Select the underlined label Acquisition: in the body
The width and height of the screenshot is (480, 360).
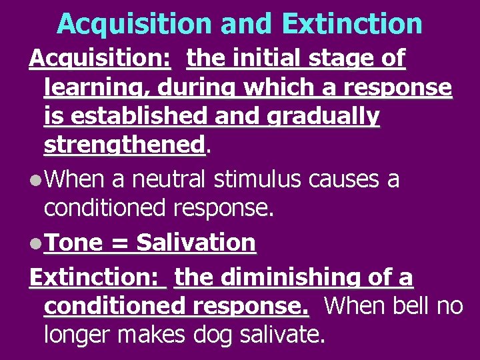(x=100, y=59)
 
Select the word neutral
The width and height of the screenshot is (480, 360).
(x=169, y=179)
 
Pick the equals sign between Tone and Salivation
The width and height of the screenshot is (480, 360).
(x=120, y=243)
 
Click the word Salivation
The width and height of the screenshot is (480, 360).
(x=196, y=243)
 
